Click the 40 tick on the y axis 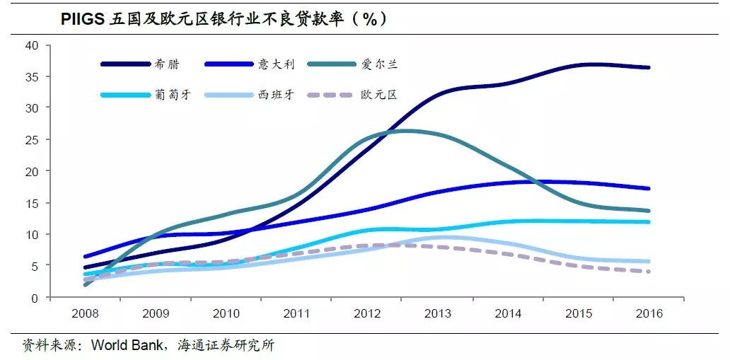tap(32, 45)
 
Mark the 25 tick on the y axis tap(32, 139)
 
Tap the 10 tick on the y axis tap(32, 234)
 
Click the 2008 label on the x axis tap(85, 313)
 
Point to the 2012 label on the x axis tap(367, 313)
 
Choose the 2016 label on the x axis tap(649, 313)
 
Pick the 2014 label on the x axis tap(508, 313)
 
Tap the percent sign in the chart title tap(369, 19)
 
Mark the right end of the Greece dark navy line tap(649, 68)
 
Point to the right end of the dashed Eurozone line tap(649, 272)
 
